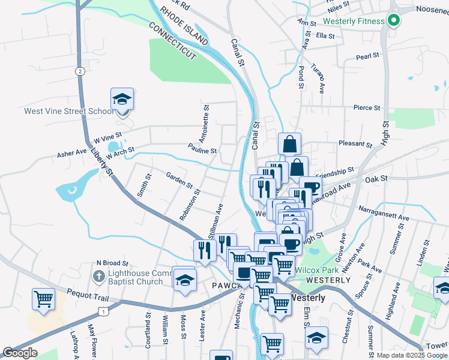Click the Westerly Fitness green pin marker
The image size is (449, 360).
click(x=393, y=21)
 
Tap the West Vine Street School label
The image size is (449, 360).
click(x=68, y=111)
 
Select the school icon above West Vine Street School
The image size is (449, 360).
click(x=122, y=99)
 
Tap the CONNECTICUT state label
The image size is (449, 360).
click(x=172, y=41)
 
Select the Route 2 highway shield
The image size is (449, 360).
click(x=80, y=71)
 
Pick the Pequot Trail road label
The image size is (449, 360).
click(x=71, y=295)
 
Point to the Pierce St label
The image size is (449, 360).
click(x=367, y=108)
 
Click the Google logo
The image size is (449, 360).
click(x=20, y=353)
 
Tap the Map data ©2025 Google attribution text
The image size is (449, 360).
click(x=411, y=355)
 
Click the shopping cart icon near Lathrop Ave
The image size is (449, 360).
click(x=44, y=298)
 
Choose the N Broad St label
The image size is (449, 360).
click(x=113, y=263)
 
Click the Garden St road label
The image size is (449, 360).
click(x=179, y=178)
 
